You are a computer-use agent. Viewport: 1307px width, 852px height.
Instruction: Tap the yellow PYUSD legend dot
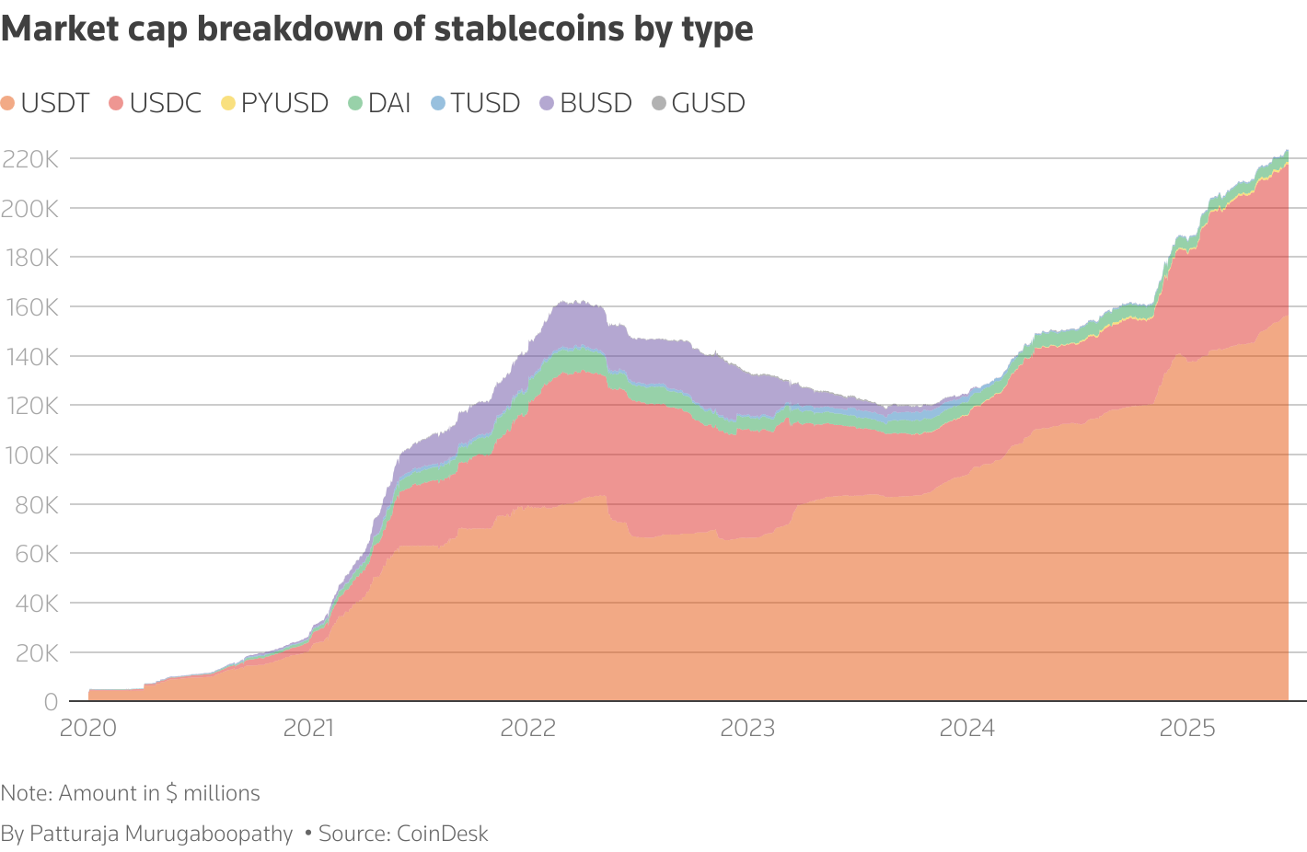[x=228, y=103]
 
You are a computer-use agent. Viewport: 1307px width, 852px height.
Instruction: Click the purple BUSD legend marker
[x=547, y=103]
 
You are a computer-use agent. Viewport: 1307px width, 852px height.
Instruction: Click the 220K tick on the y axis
[x=30, y=159]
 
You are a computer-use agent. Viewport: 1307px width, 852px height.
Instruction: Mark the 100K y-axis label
[x=30, y=455]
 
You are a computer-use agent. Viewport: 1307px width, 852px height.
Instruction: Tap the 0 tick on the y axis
[x=52, y=702]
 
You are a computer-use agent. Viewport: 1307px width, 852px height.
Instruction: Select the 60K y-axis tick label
[x=34, y=554]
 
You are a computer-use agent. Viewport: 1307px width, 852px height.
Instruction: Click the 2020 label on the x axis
[x=87, y=729]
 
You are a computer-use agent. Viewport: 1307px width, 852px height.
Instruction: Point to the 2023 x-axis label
[x=747, y=729]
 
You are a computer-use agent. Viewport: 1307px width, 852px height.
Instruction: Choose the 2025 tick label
[x=1186, y=729]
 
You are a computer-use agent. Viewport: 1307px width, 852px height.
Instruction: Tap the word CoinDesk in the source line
[x=442, y=834]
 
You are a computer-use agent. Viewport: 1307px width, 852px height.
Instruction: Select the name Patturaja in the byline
[x=74, y=834]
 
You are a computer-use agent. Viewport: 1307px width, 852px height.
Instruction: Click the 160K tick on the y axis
[x=30, y=307]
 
